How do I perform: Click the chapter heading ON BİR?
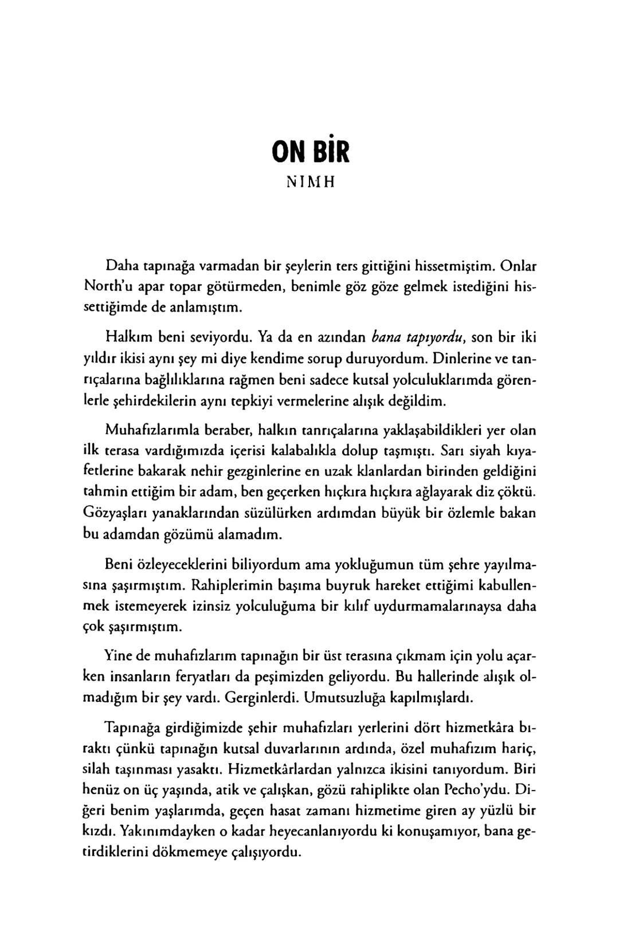pyautogui.click(x=309, y=152)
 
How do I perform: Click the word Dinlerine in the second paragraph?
pyautogui.click(x=458, y=358)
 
